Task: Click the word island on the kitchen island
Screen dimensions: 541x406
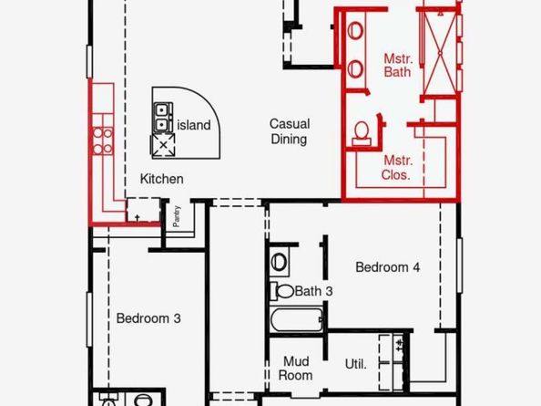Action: tap(194, 125)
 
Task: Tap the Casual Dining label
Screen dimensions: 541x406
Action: tap(290, 131)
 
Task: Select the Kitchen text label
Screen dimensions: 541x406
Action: tap(161, 179)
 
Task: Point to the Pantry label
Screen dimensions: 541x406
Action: tap(177, 216)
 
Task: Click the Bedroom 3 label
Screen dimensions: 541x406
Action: tap(148, 318)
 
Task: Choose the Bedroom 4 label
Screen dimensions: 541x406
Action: tap(387, 266)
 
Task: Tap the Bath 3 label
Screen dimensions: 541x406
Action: tap(313, 291)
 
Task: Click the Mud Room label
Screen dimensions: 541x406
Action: tap(296, 369)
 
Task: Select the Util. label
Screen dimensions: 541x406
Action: tap(355, 364)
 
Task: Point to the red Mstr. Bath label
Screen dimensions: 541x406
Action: tap(398, 66)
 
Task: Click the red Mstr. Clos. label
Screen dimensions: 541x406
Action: tap(396, 168)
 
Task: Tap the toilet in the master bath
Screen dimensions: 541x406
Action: tap(362, 133)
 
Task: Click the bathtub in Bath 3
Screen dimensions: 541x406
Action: tap(297, 319)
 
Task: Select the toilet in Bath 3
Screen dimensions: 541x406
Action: tap(282, 291)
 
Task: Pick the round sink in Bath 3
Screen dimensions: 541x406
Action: tap(279, 262)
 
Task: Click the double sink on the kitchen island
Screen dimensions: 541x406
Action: tap(162, 117)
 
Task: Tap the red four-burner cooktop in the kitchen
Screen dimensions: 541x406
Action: tap(103, 141)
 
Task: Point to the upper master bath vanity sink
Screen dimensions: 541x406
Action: tap(355, 30)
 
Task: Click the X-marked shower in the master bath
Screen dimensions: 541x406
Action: tap(440, 53)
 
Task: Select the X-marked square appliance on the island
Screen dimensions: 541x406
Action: tap(163, 145)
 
